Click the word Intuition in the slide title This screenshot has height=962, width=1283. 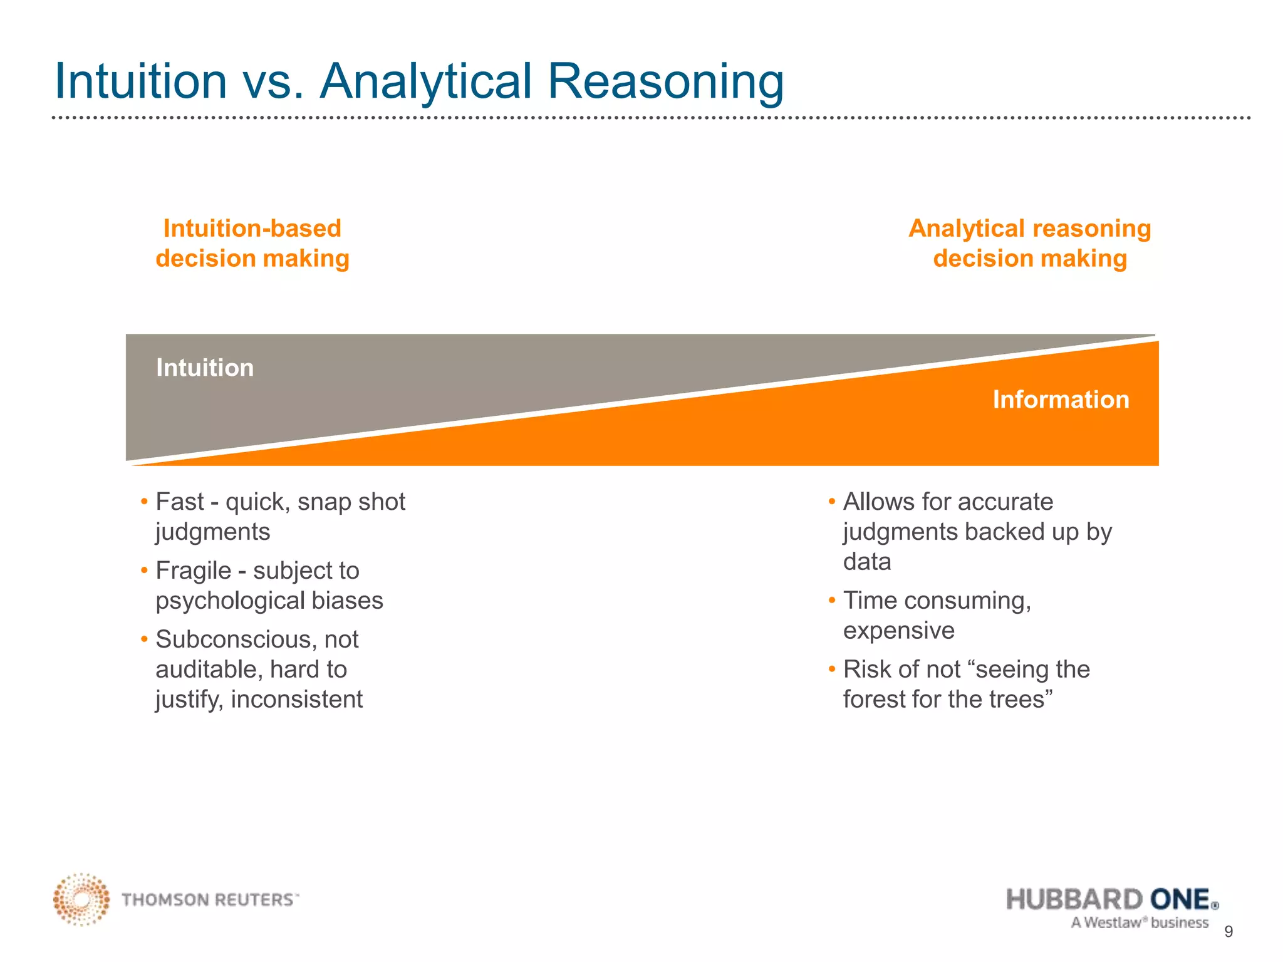[141, 81]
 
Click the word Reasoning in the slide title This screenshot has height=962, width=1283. [665, 81]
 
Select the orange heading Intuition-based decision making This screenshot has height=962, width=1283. [252, 244]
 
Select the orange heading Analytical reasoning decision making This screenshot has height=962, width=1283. [1029, 244]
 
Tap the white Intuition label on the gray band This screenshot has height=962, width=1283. [205, 368]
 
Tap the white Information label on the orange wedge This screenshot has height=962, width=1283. [1061, 400]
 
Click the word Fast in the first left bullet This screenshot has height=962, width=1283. [180, 502]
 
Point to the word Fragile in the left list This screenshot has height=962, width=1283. [193, 571]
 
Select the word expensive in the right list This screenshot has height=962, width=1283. [898, 631]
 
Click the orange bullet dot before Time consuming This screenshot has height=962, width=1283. [832, 601]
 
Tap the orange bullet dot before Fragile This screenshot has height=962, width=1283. [144, 571]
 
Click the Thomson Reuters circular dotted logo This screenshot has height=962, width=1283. [81, 899]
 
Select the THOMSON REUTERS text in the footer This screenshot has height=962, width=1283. [209, 900]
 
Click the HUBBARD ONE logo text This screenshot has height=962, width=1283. [1110, 899]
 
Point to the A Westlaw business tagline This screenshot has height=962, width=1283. [1140, 923]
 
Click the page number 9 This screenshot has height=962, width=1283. [1228, 932]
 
